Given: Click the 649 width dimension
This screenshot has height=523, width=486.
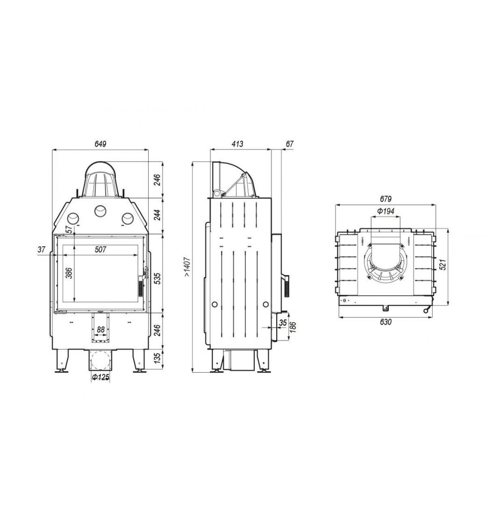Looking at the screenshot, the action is coord(100,144).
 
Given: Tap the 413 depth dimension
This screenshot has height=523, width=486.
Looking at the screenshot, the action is coord(237,144).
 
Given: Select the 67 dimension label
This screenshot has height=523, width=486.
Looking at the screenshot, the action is coord(290,144).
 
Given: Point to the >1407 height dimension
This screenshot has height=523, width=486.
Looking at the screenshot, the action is coord(187,267).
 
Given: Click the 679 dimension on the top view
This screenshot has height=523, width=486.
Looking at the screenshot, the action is coord(386,199).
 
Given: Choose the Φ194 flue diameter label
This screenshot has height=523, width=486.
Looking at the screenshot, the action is coord(386,211).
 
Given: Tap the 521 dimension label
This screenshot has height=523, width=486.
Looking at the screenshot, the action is coord(442,264).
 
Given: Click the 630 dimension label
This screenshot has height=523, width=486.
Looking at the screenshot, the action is coord(386,322).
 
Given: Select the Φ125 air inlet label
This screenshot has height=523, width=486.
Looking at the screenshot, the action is coord(100,377).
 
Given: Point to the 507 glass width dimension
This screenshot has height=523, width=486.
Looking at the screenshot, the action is coord(100,249).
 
